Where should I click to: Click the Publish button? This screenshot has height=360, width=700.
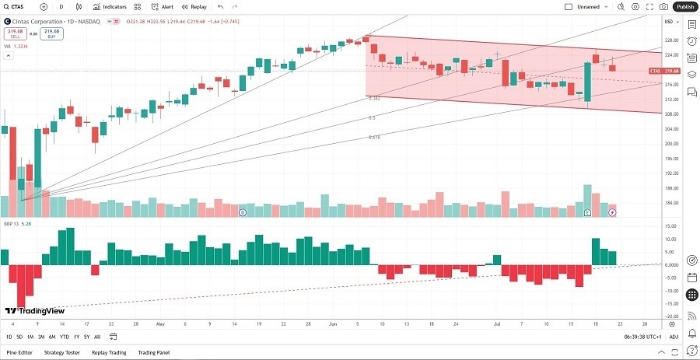pyautogui.click(x=684, y=6)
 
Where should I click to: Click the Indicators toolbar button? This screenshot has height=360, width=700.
pyautogui.click(x=110, y=6)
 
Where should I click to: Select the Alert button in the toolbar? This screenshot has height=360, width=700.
pyautogui.click(x=163, y=6)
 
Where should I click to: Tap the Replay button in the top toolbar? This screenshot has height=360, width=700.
pyautogui.click(x=194, y=6)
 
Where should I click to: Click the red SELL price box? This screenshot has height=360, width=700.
pyautogui.click(x=14, y=34)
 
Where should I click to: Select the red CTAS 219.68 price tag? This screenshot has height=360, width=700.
pyautogui.click(x=665, y=71)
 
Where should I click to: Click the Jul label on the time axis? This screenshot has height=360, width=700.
pyautogui.click(x=496, y=323)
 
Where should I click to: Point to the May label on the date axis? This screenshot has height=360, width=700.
pyautogui.click(x=159, y=323)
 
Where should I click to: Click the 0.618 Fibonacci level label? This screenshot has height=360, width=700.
pyautogui.click(x=373, y=137)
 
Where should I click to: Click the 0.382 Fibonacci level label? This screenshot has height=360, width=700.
pyautogui.click(x=373, y=99)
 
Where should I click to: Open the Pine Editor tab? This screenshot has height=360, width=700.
pyautogui.click(x=19, y=352)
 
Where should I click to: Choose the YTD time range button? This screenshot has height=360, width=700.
pyautogui.click(x=64, y=337)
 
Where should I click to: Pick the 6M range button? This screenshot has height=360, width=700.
pyautogui.click(x=51, y=337)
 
